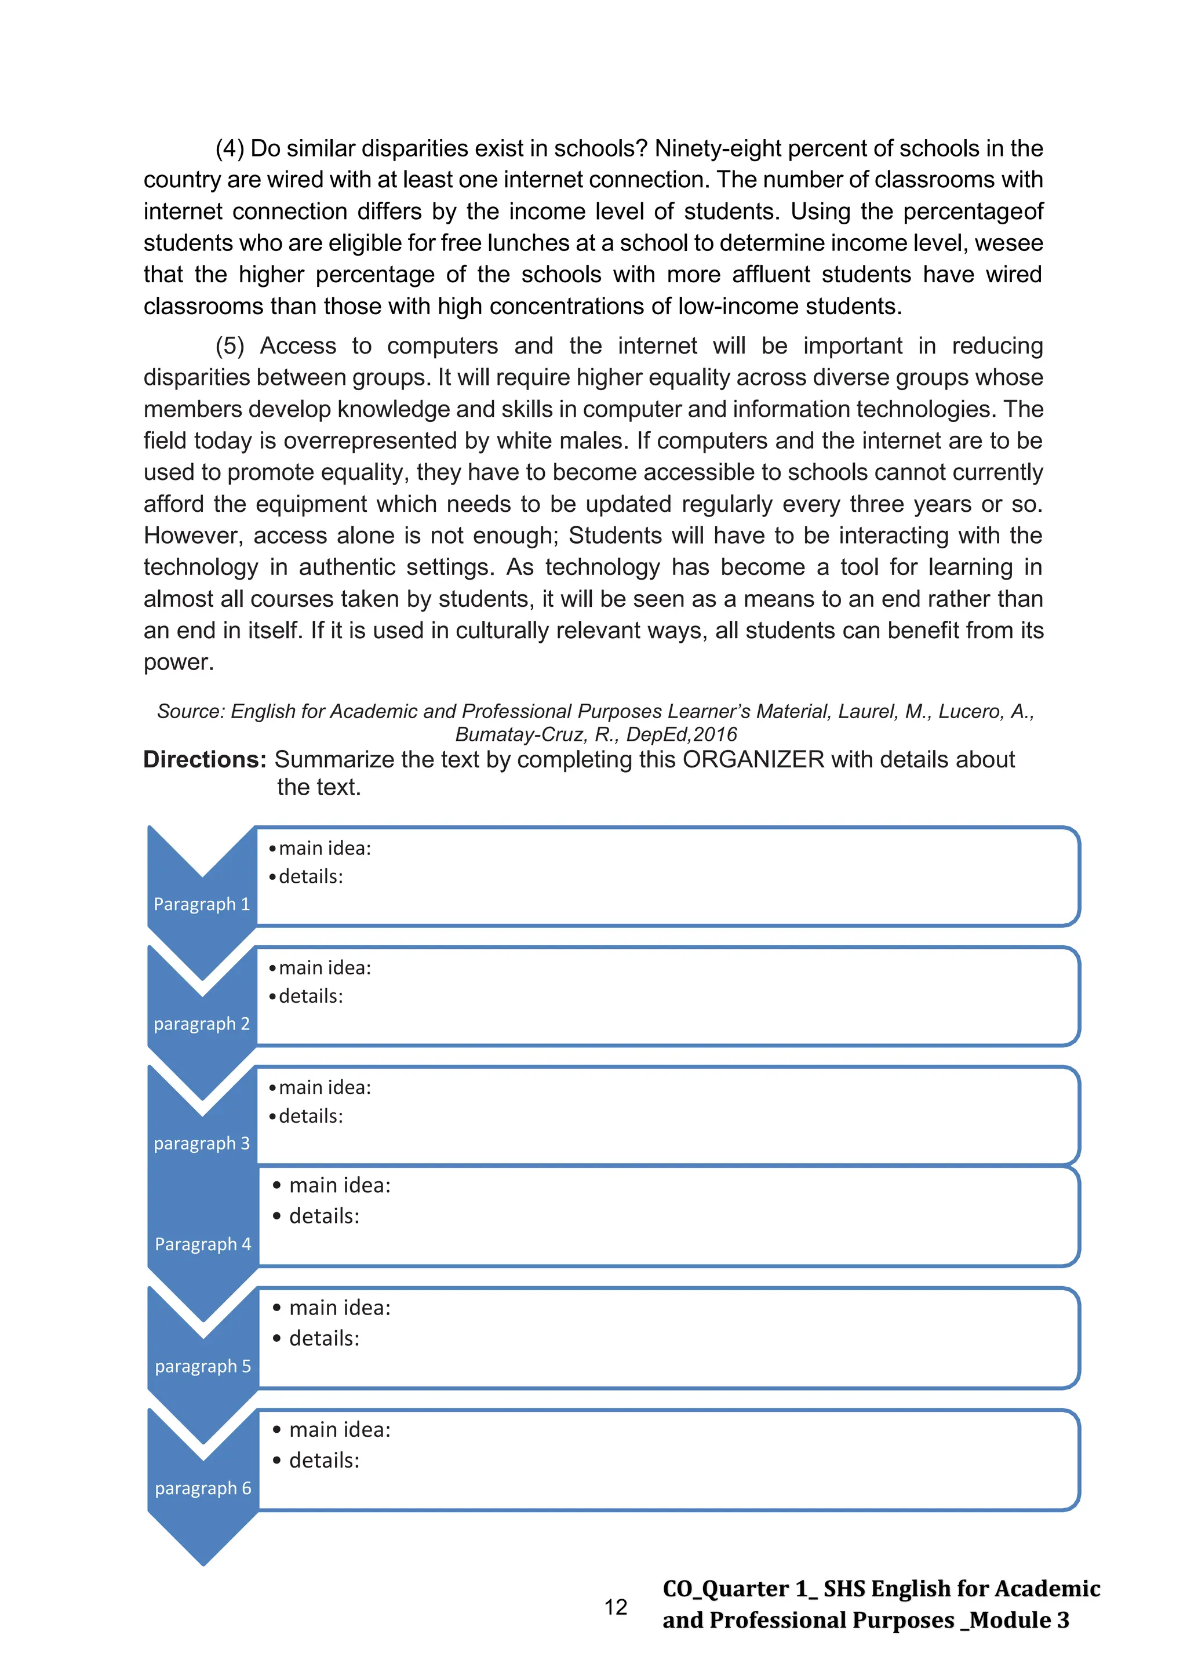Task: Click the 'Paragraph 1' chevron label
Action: [x=202, y=904]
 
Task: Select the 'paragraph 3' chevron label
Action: [x=202, y=1143]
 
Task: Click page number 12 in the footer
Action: [x=616, y=1607]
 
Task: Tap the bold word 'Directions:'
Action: [x=205, y=759]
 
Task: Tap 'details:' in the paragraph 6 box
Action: [x=324, y=1460]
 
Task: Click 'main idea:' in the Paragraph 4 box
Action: [x=340, y=1185]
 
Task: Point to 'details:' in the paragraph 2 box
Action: [x=311, y=996]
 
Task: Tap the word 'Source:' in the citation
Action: [x=191, y=711]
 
